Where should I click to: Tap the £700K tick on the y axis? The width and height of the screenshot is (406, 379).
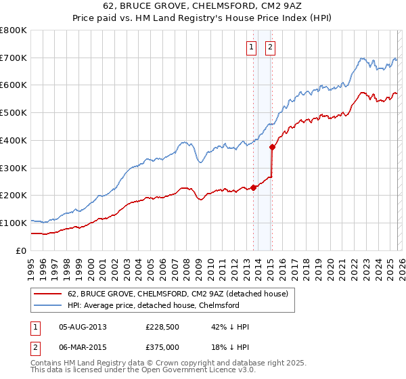[14, 58]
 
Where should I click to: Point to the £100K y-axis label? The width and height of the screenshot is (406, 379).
[14, 223]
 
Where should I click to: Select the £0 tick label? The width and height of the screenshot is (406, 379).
[21, 250]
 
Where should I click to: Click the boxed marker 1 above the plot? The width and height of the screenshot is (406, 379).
[252, 47]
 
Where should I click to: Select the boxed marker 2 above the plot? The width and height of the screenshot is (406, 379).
[270, 47]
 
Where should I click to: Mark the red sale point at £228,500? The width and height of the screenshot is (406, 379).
[253, 187]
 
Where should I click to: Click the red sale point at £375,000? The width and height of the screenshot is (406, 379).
[272, 147]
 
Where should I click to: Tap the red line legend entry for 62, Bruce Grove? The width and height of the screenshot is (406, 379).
[177, 294]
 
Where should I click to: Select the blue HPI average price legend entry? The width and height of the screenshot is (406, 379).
[153, 306]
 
